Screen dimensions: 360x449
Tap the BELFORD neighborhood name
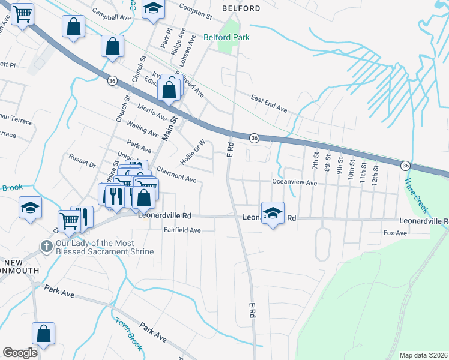(241, 8)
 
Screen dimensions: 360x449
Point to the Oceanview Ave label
(294, 182)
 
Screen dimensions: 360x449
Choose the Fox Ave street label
(395, 232)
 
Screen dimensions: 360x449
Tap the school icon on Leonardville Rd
(273, 212)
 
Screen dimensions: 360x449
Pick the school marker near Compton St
(153, 9)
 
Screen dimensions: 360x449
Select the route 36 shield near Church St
(112, 79)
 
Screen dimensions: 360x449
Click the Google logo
(20, 353)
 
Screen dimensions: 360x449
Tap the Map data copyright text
(424, 355)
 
